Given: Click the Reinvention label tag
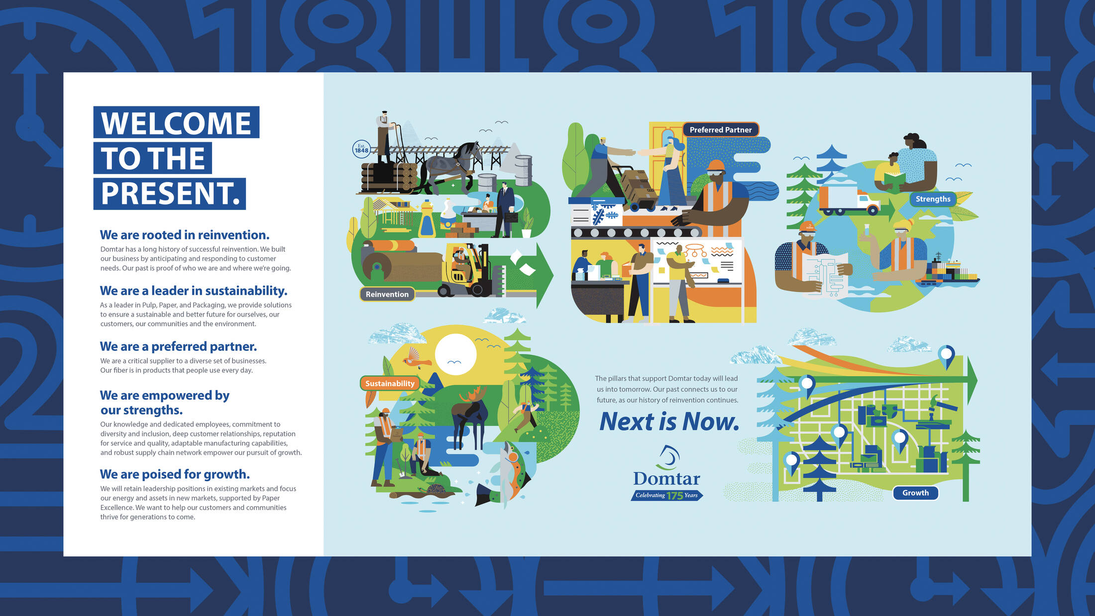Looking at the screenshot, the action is [x=387, y=294].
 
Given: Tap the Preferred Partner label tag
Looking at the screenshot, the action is [x=720, y=130].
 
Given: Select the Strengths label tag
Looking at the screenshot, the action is [x=933, y=199].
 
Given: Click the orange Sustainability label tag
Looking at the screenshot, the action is [x=390, y=383].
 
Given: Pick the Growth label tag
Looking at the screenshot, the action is [x=915, y=493].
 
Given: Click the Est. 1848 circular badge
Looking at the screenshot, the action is [x=361, y=149].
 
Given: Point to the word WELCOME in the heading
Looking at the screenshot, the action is [x=176, y=123].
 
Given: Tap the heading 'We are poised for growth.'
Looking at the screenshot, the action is [x=175, y=474].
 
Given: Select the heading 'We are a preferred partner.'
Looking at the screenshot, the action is [x=178, y=346].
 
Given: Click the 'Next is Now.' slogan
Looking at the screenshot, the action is [x=669, y=421].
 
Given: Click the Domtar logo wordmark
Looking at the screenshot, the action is [x=666, y=479].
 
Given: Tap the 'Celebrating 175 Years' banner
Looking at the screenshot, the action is [x=667, y=495].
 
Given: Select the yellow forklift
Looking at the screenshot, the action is [x=465, y=270].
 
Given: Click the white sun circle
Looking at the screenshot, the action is [x=455, y=354].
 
